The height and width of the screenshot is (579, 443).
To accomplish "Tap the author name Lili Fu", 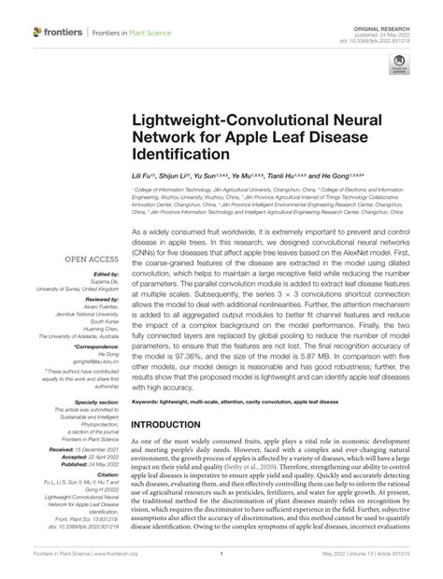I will tap(142, 175).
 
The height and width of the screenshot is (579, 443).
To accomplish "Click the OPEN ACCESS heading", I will tap(89, 260).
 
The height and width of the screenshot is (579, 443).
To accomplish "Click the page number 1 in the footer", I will tap(220, 554).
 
